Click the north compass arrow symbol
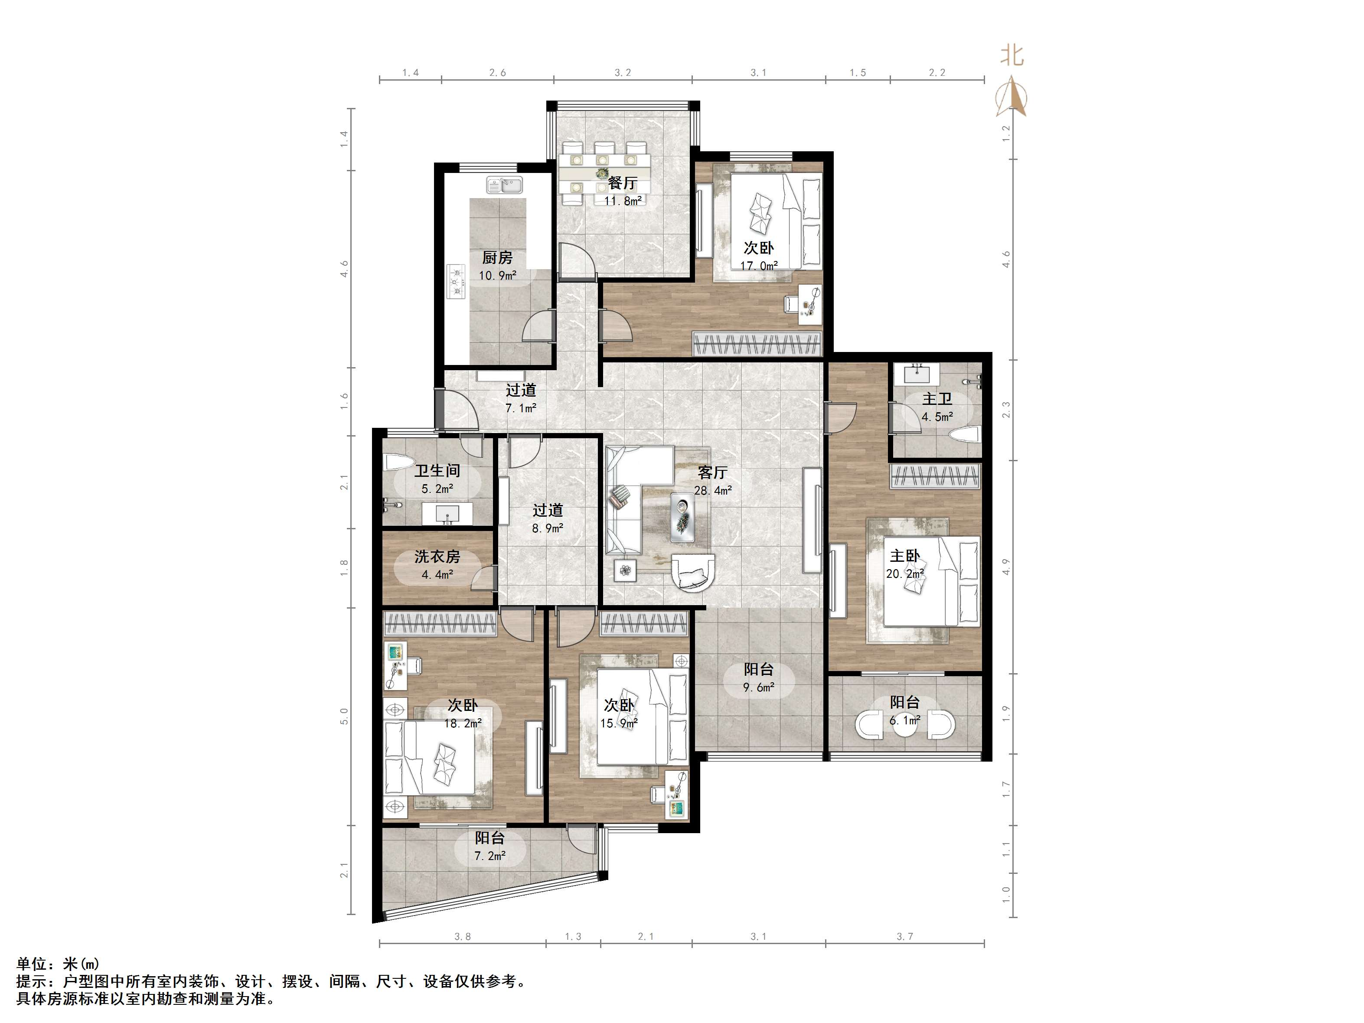tap(1011, 96)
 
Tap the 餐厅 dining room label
tap(622, 183)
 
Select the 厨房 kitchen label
tap(497, 258)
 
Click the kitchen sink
tap(504, 184)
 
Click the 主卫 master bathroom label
tap(937, 399)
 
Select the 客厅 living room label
tap(713, 472)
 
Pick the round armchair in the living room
tap(694, 570)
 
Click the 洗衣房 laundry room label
tap(437, 557)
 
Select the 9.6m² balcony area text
tap(758, 687)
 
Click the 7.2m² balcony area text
tap(490, 856)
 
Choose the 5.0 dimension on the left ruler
tap(344, 716)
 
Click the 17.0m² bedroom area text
tap(758, 266)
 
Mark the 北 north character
tap(1011, 55)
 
